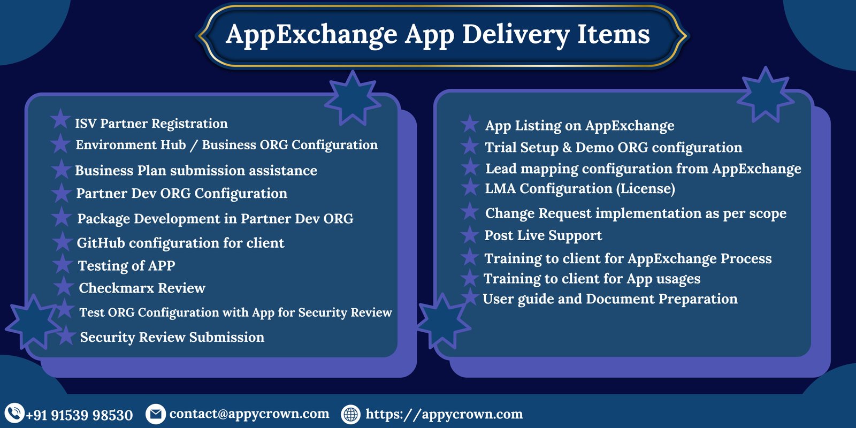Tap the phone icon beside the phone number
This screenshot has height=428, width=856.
pyautogui.click(x=14, y=413)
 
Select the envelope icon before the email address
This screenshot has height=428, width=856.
pyautogui.click(x=156, y=414)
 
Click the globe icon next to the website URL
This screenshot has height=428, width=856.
pyautogui.click(x=351, y=414)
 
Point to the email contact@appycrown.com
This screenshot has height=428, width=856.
pyautogui.click(x=249, y=414)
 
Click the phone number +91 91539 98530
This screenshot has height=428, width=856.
pyautogui.click(x=80, y=415)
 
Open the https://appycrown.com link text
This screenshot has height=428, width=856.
pyautogui.click(x=444, y=414)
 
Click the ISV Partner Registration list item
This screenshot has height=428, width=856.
pyautogui.click(x=151, y=124)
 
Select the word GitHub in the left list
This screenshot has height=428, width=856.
pyautogui.click(x=101, y=243)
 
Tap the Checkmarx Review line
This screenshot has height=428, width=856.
pyautogui.click(x=142, y=288)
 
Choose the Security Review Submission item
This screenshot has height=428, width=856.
pyautogui.click(x=172, y=337)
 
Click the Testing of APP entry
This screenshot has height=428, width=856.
pyautogui.click(x=126, y=265)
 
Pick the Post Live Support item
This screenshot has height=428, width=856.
pyautogui.click(x=543, y=235)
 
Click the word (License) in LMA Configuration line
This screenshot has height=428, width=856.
pyautogui.click(x=645, y=188)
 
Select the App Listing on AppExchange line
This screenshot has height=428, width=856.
pyautogui.click(x=580, y=126)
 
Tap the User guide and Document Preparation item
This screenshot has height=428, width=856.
pyautogui.click(x=610, y=299)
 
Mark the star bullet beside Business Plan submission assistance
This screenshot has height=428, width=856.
pyautogui.click(x=61, y=169)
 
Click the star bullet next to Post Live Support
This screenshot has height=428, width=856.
pyautogui.click(x=470, y=234)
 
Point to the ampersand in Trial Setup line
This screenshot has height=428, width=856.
pyautogui.click(x=567, y=148)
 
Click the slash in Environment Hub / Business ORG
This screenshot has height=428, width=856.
pyautogui.click(x=193, y=145)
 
